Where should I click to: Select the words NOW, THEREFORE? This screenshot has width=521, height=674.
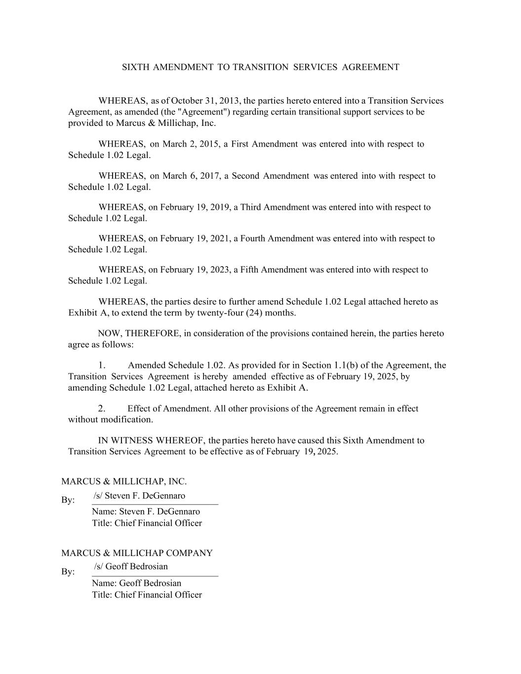click(x=139, y=333)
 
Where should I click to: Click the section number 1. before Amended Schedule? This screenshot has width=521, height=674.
click(x=102, y=365)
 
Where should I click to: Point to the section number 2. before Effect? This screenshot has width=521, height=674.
click(x=102, y=408)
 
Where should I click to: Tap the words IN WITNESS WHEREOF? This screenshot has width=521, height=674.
click(x=152, y=440)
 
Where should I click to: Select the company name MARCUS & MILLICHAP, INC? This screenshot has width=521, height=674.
click(x=124, y=481)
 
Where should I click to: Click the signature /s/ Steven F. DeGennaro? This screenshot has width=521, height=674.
click(x=139, y=496)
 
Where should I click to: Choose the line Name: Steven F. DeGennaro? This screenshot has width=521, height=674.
click(x=146, y=512)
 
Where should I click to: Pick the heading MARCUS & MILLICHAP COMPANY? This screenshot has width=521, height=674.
click(x=137, y=553)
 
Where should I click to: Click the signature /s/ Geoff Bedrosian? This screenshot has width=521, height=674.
click(x=131, y=566)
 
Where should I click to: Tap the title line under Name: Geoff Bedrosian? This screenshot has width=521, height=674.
click(x=147, y=595)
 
